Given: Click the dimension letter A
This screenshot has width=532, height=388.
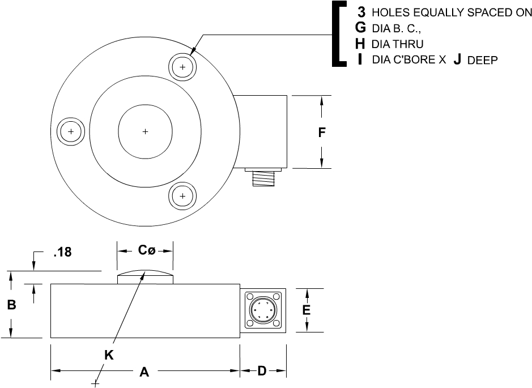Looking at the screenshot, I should tap(144, 372).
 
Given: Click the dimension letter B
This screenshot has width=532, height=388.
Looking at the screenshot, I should tap(11, 305).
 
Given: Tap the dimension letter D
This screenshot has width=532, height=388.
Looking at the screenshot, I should tap(262, 371).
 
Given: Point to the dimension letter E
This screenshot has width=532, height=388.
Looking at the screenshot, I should tap(307, 310).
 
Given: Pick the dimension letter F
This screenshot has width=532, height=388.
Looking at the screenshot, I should tap(321, 133).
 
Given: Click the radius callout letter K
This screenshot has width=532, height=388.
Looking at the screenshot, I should tap(109, 355).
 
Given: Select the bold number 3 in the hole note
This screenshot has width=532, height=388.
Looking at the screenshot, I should tap(361, 12).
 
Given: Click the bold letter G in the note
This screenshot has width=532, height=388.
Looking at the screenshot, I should tap(360, 28).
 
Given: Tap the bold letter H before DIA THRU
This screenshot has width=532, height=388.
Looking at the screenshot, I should tap(360, 44).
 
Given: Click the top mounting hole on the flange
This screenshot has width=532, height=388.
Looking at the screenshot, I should tap(182, 67).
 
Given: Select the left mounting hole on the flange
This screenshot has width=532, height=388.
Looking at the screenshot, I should tap(71, 131).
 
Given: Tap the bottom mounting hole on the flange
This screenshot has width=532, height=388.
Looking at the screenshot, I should tap(182, 196).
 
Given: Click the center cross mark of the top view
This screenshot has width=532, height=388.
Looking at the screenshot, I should tap(145, 131).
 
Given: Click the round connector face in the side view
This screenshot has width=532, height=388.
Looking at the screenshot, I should tap(262, 310).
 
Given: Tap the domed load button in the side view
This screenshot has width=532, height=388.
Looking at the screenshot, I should tap(145, 278).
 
